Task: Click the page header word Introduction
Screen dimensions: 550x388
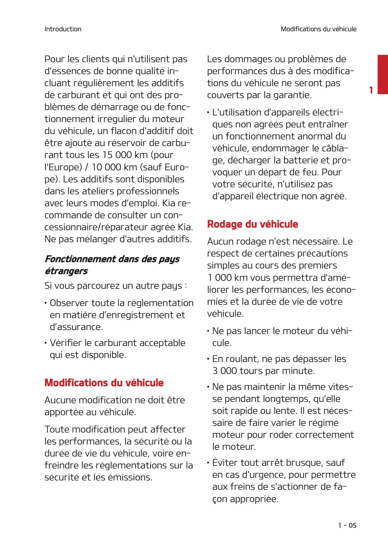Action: point(63,29)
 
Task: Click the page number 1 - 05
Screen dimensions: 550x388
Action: point(347,525)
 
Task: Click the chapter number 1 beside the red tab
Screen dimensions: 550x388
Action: point(371,90)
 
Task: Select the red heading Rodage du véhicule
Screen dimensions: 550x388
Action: point(252,224)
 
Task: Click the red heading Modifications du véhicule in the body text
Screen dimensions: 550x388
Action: point(104,383)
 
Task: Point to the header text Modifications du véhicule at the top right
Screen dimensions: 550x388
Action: point(318,29)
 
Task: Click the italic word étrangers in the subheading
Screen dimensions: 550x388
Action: point(66,271)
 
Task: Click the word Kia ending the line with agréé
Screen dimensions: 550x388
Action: point(185,227)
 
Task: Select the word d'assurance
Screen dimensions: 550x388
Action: point(76,327)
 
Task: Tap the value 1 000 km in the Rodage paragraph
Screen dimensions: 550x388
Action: point(227,277)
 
